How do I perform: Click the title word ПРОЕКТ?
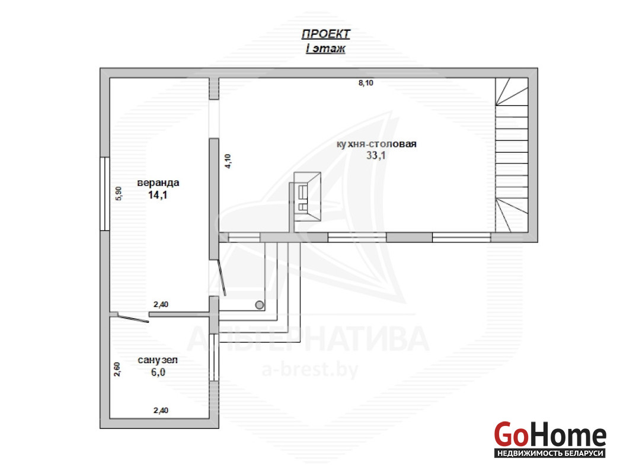click(x=326, y=34)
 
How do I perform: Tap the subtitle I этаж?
click(x=325, y=49)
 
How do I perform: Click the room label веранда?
click(x=158, y=182)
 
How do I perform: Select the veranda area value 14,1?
click(x=158, y=196)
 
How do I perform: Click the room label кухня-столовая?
click(x=376, y=144)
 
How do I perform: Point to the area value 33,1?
click(x=376, y=155)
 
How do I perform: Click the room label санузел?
click(x=158, y=360)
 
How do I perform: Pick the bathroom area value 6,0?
click(x=158, y=372)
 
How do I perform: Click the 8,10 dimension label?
click(x=366, y=83)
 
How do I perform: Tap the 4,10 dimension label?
click(x=228, y=161)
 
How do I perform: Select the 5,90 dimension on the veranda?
click(x=119, y=194)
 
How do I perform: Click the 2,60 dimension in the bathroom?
click(x=117, y=369)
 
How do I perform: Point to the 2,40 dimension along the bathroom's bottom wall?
click(x=161, y=411)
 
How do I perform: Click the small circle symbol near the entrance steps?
click(x=260, y=305)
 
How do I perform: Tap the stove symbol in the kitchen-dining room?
click(x=307, y=197)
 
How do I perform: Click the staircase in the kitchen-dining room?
click(x=512, y=155)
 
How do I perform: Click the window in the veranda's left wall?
click(x=105, y=194)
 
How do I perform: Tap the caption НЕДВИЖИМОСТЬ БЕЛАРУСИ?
click(x=550, y=453)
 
